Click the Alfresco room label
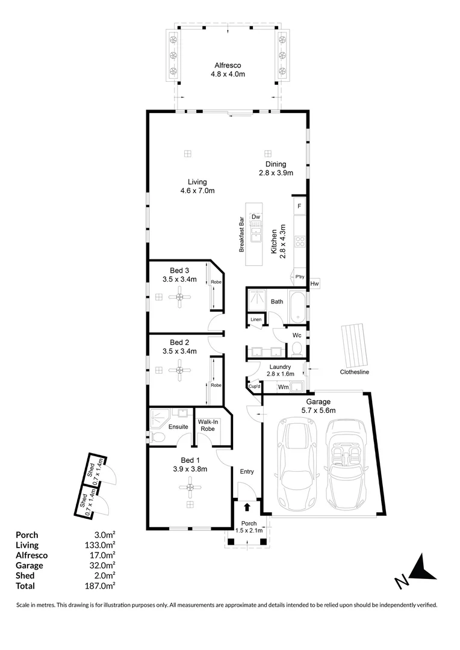click(x=228, y=66)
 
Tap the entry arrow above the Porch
click(x=247, y=510)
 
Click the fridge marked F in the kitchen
click(x=299, y=206)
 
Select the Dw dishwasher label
click(x=256, y=217)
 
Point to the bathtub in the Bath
click(x=297, y=307)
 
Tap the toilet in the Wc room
click(x=296, y=349)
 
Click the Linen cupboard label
click(x=255, y=320)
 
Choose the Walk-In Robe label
click(x=208, y=425)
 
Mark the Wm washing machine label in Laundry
click(x=282, y=387)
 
